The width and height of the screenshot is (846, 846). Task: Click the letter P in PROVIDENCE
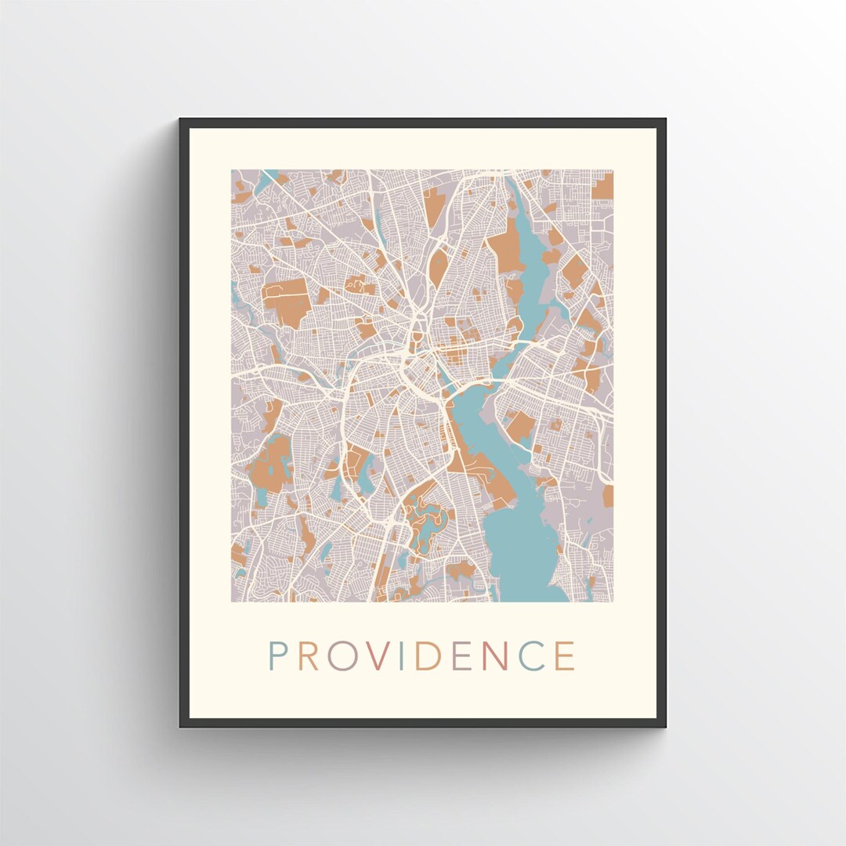click(276, 656)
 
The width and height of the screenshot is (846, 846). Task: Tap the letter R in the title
click(309, 656)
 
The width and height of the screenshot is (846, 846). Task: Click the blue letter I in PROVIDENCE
click(402, 656)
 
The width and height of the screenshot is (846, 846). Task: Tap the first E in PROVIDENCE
click(461, 656)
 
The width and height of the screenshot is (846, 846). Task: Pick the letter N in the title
click(494, 656)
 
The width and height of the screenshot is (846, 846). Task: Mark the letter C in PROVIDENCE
click(531, 656)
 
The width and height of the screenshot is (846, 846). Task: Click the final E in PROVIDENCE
click(565, 656)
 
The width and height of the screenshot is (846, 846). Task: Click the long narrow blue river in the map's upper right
click(533, 258)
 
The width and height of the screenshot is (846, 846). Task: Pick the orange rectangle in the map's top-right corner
click(602, 186)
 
